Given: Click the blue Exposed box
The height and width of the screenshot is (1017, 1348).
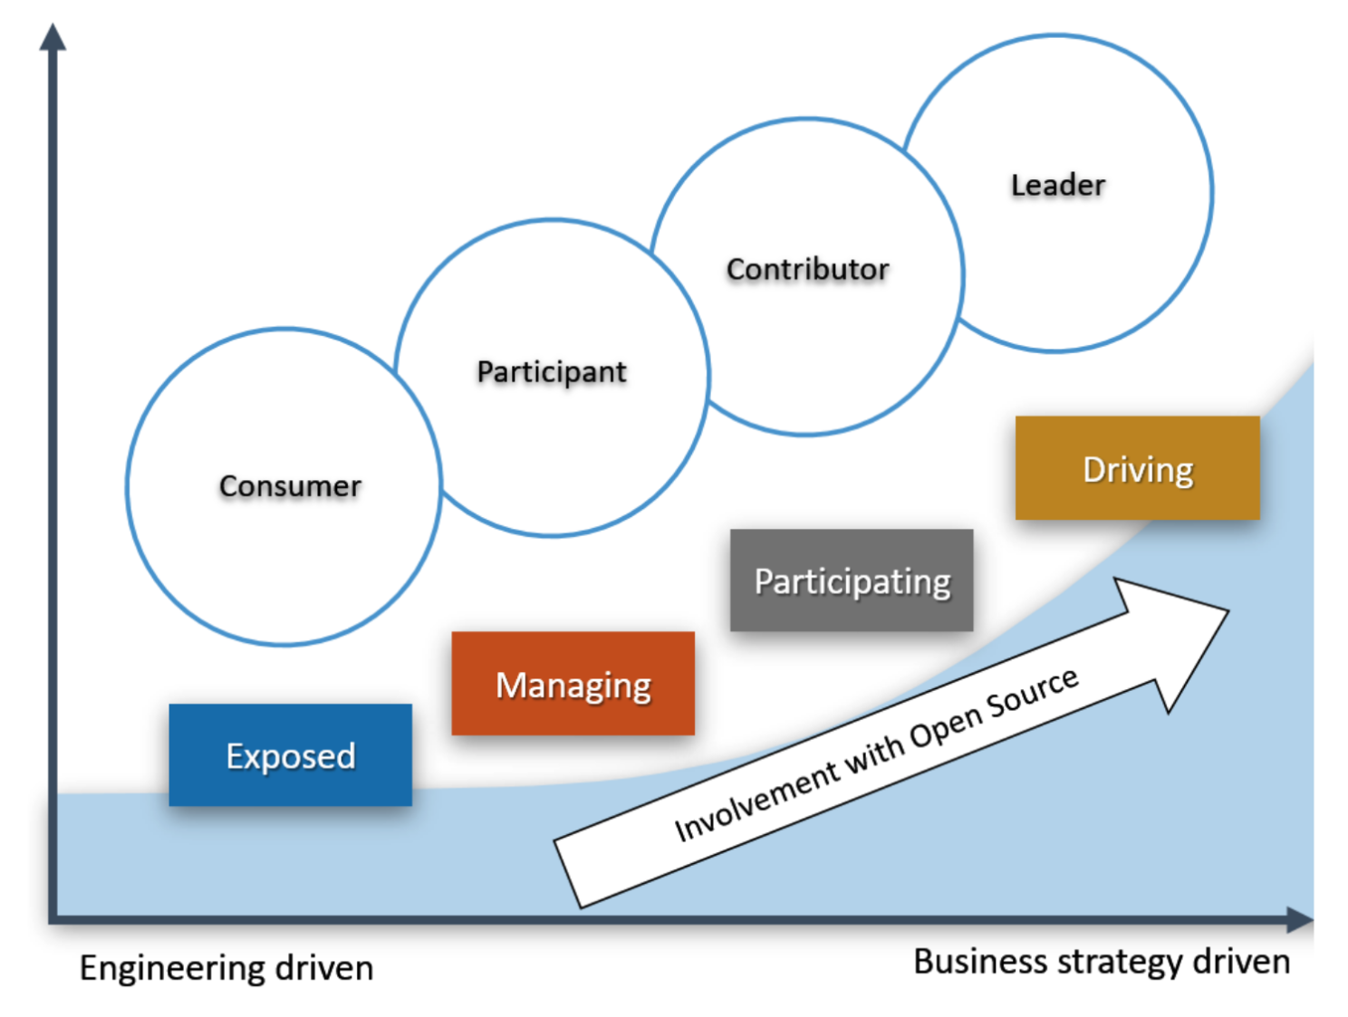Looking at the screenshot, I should (290, 755).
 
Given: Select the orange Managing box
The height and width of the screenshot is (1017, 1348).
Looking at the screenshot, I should (573, 684).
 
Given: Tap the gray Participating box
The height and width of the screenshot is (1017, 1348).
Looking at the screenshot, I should (852, 580).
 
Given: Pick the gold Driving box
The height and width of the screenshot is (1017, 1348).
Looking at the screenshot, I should (1137, 468).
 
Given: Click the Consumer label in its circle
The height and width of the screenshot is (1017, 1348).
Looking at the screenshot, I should (290, 486).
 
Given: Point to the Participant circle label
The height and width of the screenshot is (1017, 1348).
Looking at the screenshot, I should (552, 371).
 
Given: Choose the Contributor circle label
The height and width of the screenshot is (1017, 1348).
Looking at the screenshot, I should (807, 269).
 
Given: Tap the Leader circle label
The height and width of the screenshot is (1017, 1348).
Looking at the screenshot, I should (1057, 185).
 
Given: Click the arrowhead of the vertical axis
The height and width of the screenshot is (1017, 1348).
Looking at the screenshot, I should (53, 38).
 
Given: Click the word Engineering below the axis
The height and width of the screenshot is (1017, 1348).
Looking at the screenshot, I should (172, 969).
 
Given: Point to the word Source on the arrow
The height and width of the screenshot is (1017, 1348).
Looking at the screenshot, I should (1032, 693).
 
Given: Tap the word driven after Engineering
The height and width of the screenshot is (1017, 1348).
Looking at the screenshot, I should (324, 968).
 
